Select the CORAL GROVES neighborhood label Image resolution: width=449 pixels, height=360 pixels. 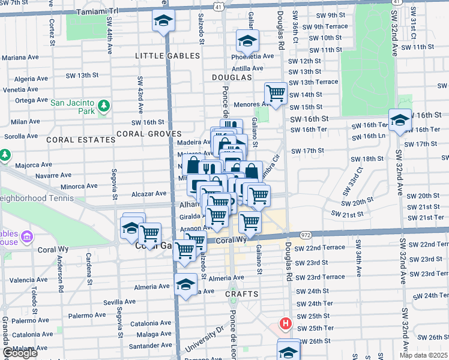(149, 134)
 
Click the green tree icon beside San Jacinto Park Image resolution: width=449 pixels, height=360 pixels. (103, 106)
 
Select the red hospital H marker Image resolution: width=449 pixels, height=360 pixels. (286, 323)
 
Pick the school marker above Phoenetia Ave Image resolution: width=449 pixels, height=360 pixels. (247, 41)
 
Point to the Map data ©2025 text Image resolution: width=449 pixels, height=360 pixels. (423, 355)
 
